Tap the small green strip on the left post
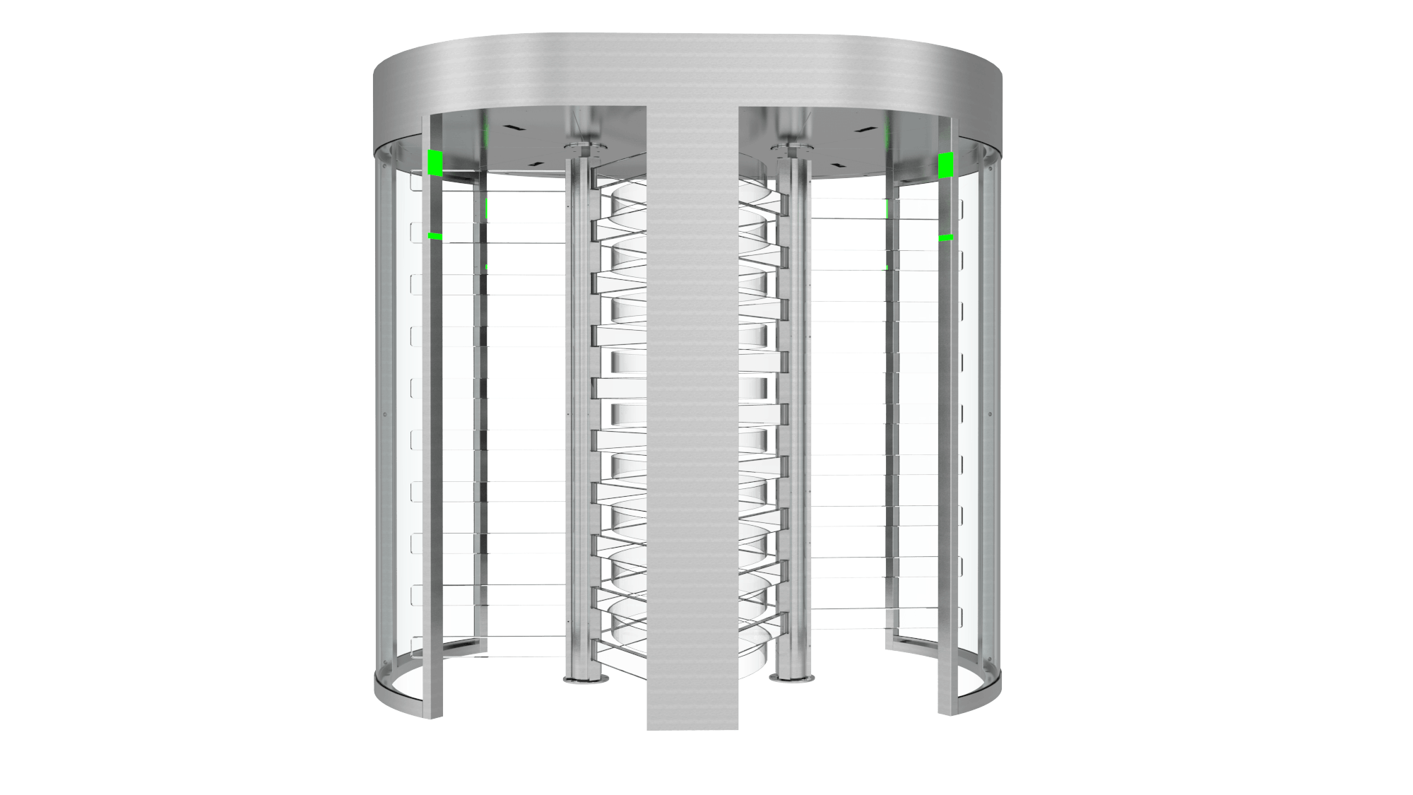tap(435, 236)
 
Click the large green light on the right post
tap(945, 165)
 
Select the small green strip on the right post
tap(946, 237)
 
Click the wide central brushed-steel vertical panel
tap(692, 424)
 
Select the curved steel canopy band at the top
tap(685, 71)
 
